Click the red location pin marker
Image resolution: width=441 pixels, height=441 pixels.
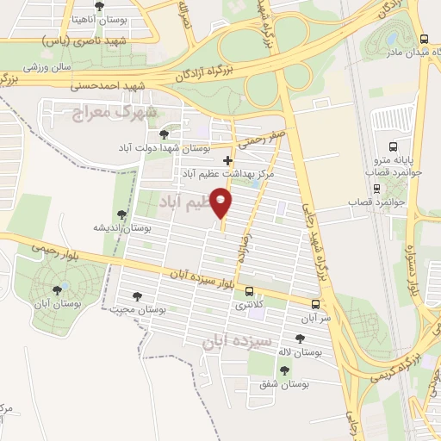pos(223,202)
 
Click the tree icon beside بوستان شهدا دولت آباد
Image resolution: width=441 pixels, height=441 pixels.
pos(164,134)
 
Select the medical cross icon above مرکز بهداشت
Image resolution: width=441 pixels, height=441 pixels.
pos(227,160)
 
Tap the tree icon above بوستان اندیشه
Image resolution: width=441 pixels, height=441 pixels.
pos(121,214)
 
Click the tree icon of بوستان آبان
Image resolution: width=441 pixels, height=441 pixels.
pos(57,291)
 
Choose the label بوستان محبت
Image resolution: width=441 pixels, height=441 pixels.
pos(143,307)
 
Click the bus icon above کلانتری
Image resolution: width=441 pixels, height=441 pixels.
pos(250,291)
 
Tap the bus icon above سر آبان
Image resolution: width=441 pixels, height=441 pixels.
pos(317,304)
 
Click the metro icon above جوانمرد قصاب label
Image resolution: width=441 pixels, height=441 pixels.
pos(376,188)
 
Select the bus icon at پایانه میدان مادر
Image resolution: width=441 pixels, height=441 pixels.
pos(423,39)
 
